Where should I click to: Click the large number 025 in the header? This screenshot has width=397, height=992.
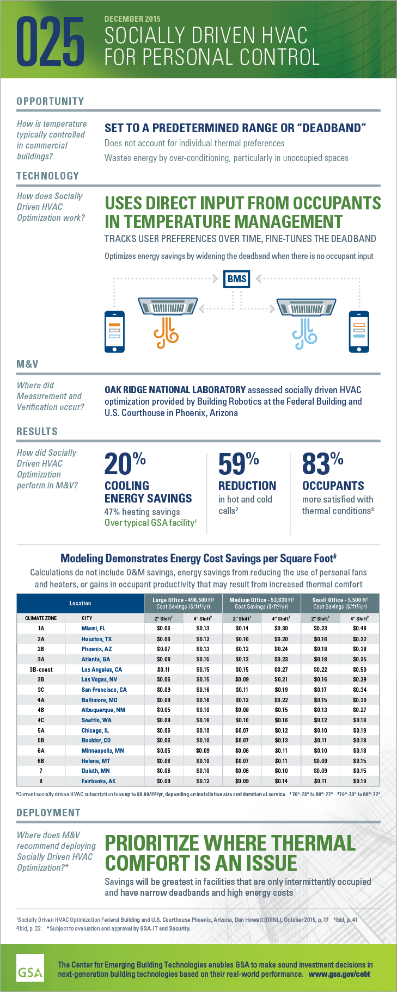[x=50, y=41]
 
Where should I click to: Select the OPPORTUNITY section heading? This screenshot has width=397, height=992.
[x=50, y=101]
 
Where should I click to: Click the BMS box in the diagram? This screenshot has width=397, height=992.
[x=237, y=278]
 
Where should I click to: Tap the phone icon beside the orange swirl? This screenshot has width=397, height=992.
[x=114, y=331]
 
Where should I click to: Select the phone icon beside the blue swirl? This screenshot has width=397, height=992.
[x=359, y=331]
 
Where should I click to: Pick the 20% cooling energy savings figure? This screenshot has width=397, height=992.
[x=125, y=464]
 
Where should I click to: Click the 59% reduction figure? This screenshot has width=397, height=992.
[x=238, y=464]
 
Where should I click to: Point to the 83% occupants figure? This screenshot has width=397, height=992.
[x=322, y=464]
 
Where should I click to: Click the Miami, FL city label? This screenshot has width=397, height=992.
[x=93, y=628]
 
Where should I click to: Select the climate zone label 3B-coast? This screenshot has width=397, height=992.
[x=41, y=669]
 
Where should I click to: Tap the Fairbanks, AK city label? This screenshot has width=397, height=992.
[x=99, y=781]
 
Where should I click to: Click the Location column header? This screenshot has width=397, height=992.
[x=80, y=603]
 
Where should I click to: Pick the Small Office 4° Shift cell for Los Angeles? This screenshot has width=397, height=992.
[x=359, y=669]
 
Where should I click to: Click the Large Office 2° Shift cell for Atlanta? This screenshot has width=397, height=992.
[x=163, y=659]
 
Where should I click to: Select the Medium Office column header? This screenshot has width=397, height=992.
[x=261, y=603]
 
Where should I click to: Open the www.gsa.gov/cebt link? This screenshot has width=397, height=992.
[x=339, y=974]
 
